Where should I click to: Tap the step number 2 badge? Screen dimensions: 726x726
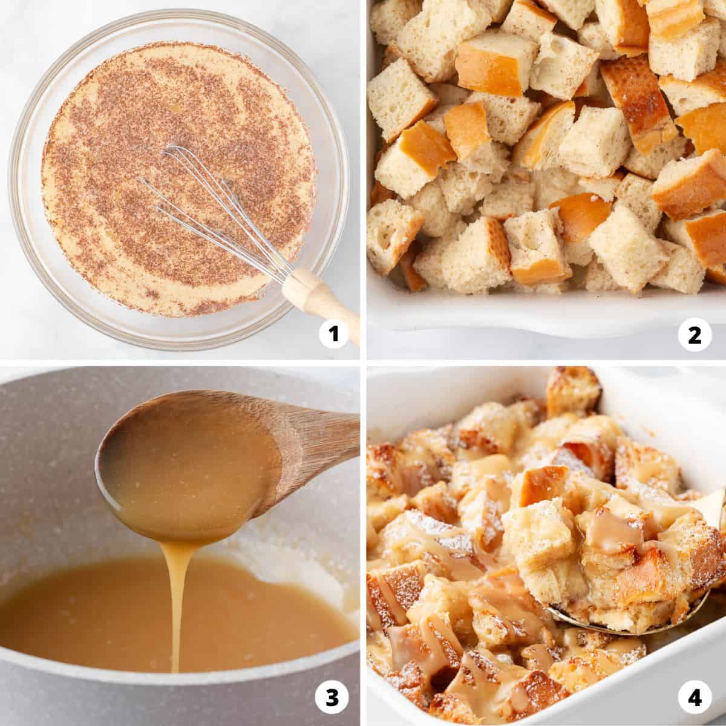pyautogui.click(x=695, y=335)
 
